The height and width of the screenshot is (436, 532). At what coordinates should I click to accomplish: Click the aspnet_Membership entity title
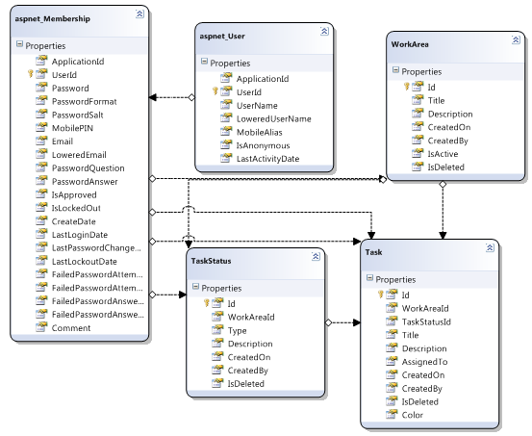click(x=53, y=18)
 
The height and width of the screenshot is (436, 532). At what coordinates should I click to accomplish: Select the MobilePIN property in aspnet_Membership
click(x=72, y=128)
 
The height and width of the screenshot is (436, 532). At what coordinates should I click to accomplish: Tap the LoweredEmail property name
click(x=79, y=155)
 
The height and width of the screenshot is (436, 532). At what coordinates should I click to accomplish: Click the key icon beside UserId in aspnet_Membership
click(x=31, y=74)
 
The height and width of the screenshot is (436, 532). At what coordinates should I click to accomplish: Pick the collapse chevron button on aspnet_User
click(x=324, y=31)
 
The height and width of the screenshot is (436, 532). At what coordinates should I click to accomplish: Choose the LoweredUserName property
click(x=273, y=118)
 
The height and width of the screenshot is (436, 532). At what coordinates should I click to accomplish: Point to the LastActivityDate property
click(x=267, y=159)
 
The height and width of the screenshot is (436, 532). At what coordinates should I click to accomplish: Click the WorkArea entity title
click(x=410, y=44)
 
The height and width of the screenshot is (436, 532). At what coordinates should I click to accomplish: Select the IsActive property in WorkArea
click(x=443, y=154)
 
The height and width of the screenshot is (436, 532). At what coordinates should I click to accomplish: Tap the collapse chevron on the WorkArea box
click(x=516, y=39)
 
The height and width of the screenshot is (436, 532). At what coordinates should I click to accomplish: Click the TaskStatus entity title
click(x=211, y=261)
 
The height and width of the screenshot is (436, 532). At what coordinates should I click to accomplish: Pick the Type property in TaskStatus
click(x=237, y=330)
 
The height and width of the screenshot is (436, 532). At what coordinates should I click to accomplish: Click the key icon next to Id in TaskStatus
click(x=206, y=302)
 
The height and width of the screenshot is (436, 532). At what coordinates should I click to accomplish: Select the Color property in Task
click(x=413, y=415)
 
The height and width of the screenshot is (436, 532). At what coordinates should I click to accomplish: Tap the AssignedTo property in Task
click(x=424, y=362)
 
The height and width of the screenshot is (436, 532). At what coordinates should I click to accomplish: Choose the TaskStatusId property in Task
click(x=426, y=321)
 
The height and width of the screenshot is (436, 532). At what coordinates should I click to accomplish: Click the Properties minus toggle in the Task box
click(x=369, y=278)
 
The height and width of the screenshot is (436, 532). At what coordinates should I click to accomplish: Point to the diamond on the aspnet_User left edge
click(x=191, y=97)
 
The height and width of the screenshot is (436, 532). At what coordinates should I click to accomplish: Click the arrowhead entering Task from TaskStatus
click(x=357, y=322)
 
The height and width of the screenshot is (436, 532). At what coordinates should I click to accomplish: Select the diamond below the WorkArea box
click(x=443, y=185)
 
